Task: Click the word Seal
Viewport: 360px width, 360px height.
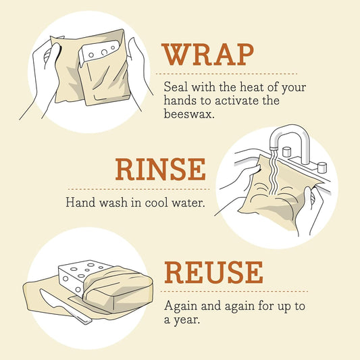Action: (x=176, y=87)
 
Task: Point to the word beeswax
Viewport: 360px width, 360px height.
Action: (x=188, y=114)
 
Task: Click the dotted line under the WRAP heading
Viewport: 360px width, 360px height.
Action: (x=226, y=74)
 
